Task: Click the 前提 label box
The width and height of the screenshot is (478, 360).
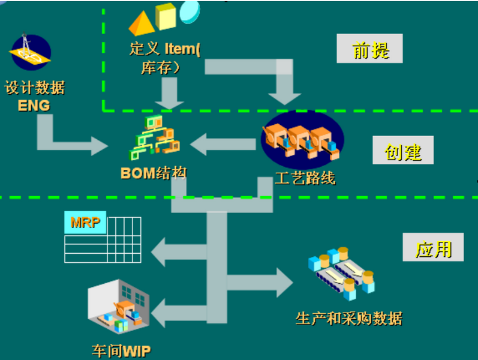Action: [x=369, y=49]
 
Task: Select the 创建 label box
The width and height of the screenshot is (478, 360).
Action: [x=402, y=151]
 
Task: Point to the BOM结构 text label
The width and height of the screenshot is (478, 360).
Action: [x=154, y=173]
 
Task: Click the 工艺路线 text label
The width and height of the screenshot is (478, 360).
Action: [x=304, y=178]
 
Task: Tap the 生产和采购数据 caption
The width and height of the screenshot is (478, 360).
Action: [x=348, y=318]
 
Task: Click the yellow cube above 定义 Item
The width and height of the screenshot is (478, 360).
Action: [x=166, y=16]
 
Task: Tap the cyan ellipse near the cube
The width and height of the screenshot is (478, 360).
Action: [x=190, y=10]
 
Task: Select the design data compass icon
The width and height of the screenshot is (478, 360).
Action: [x=30, y=53]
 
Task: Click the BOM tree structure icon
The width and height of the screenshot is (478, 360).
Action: [x=155, y=137]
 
